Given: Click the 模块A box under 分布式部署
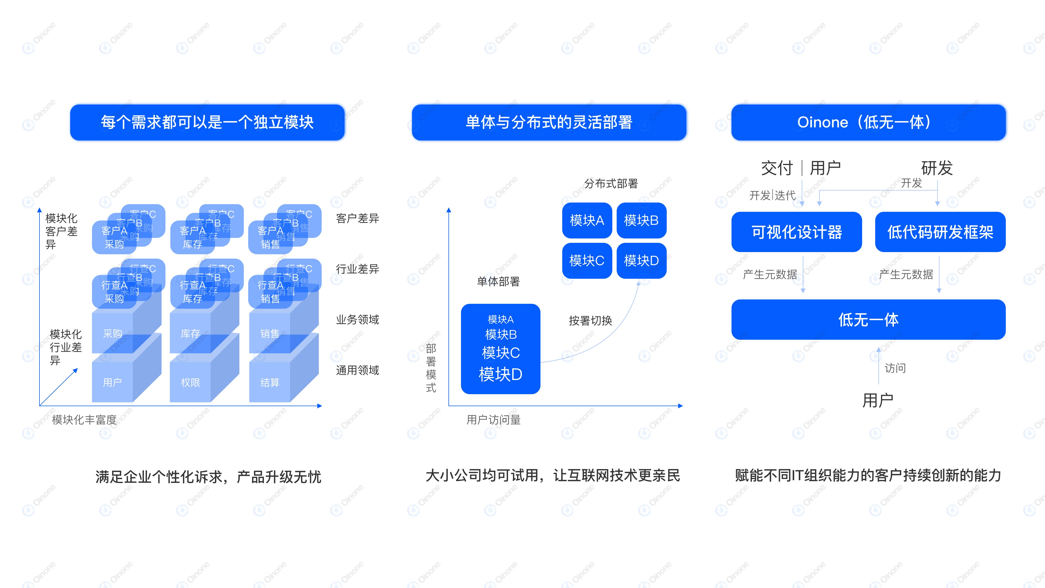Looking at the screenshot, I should tap(587, 220).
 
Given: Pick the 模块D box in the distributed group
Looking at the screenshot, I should tap(641, 261).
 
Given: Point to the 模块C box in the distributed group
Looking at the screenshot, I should tap(587, 261).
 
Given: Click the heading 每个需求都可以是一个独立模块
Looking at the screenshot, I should tap(207, 122).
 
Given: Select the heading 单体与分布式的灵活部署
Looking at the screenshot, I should tap(549, 122).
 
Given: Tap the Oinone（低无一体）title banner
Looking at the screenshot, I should tap(868, 122).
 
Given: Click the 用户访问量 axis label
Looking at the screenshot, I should tap(493, 419).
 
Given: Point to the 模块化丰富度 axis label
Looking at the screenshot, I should tap(84, 419).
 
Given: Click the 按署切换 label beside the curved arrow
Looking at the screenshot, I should tap(590, 321).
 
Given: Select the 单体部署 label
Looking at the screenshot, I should tap(498, 281).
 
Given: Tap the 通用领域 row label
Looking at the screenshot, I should tap(357, 370).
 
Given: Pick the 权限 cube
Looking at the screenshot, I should tap(190, 382).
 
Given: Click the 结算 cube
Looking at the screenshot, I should tap(270, 382).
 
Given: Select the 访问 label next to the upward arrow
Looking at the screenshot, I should tap(895, 368).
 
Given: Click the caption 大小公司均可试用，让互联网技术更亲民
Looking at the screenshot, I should tap(552, 475).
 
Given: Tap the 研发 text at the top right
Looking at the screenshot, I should tap(937, 168).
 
